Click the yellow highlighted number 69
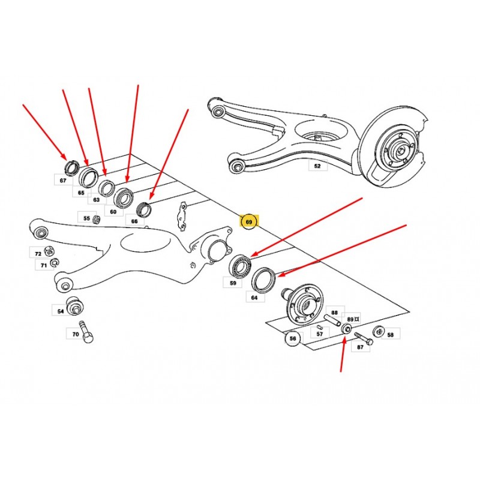(x=249, y=221)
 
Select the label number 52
(x=317, y=166)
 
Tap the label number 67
(x=63, y=181)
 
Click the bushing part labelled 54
(x=75, y=305)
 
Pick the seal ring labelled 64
(x=264, y=279)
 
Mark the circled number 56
(x=293, y=338)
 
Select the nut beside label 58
(x=379, y=332)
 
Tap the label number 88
(x=335, y=313)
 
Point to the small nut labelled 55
(x=97, y=219)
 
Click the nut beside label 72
(x=49, y=251)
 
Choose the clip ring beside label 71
(x=55, y=262)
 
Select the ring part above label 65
(x=88, y=176)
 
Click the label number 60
(x=113, y=212)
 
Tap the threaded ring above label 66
(x=144, y=209)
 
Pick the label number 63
(x=97, y=200)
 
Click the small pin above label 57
(x=320, y=327)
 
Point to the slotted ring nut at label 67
(x=71, y=167)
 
